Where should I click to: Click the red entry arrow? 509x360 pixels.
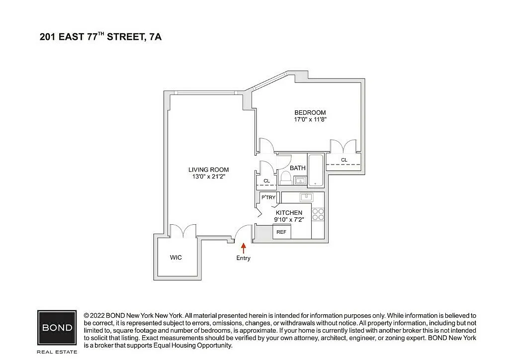point(243,248)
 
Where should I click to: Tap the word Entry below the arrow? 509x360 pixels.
point(243,258)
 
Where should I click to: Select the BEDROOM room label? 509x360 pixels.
point(310,113)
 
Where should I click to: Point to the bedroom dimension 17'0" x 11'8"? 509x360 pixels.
point(310,119)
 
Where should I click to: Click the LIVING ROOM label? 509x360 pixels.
point(208,170)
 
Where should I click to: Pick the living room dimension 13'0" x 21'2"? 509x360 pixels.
point(208,177)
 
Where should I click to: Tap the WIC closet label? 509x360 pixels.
point(175,258)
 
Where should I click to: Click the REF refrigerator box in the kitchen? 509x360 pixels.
point(281,232)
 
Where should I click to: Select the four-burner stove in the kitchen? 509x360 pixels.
point(318,215)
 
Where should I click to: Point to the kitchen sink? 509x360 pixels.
point(306,197)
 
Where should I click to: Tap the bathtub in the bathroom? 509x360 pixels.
point(316,171)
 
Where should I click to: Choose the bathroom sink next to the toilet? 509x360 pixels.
point(300,180)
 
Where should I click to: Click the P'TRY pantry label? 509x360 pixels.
point(268,197)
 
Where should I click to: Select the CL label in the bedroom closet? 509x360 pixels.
point(344,160)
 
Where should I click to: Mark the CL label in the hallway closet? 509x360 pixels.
point(266,181)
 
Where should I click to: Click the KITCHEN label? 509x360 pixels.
point(289,213)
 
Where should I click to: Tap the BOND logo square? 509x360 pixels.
point(57,328)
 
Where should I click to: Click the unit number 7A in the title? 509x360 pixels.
point(155,37)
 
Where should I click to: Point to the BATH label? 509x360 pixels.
point(298,168)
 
